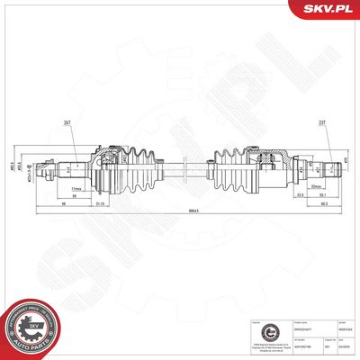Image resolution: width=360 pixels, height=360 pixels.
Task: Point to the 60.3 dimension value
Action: click(x=321, y=203)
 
